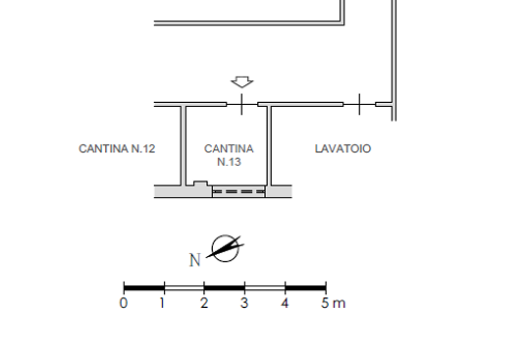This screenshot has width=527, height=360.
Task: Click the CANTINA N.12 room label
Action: coord(117,149)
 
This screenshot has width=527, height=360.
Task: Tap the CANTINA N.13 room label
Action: coord(229,155)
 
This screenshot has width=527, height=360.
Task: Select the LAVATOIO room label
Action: coord(343,149)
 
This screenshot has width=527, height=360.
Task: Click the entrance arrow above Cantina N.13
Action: coord(242,82)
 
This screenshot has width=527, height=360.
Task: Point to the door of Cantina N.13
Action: coord(242,104)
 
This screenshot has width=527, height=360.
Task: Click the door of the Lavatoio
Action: coord(359,104)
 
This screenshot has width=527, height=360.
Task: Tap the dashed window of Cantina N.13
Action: coord(238,191)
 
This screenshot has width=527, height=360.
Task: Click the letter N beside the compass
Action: coord(195,260)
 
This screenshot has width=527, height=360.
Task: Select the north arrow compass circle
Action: coord(225,248)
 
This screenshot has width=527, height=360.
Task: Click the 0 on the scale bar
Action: coord(124,303)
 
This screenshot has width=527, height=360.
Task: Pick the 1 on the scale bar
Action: coord(163,303)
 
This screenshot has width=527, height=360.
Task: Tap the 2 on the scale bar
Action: coord(204,303)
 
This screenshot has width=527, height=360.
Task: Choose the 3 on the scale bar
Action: coord(244,303)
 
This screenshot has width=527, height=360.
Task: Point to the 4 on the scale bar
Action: coord(285,303)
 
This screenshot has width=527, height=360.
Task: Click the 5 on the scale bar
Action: coord(325,303)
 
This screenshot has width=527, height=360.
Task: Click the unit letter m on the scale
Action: coord(339,304)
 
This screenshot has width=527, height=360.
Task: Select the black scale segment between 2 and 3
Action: coord(225,287)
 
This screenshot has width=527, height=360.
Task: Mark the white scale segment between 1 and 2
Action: coord(184,287)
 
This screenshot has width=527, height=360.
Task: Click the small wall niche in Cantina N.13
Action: coord(200,183)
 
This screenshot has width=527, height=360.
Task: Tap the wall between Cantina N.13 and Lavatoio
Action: coord(269,146)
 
